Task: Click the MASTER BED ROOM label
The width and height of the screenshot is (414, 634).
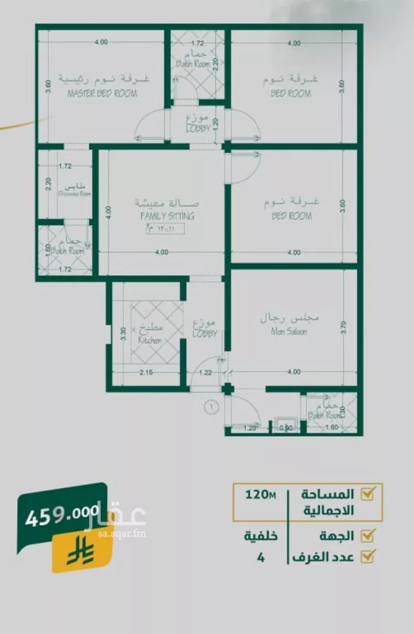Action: coord(102,94)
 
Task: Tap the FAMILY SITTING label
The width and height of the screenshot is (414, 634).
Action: coord(167,216)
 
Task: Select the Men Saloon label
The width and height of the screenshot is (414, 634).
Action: coord(289,332)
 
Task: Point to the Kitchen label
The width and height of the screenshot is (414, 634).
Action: coord(150,341)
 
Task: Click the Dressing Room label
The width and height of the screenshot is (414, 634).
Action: coord(75,194)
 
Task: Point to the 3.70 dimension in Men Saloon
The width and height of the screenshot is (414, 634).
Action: coord(343,328)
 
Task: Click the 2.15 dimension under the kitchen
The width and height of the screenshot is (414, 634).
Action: coord(146,373)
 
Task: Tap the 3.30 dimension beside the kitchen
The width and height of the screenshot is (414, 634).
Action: coord(124,333)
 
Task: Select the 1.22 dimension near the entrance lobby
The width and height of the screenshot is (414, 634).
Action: coord(205,373)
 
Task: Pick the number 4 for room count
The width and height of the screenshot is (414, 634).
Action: coord(261,557)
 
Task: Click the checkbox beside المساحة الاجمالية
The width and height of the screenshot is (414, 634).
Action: coord(368,493)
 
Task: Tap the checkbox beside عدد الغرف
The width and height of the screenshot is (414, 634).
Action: coord(368,555)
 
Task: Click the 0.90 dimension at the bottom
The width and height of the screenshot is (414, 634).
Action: coord(286,427)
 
